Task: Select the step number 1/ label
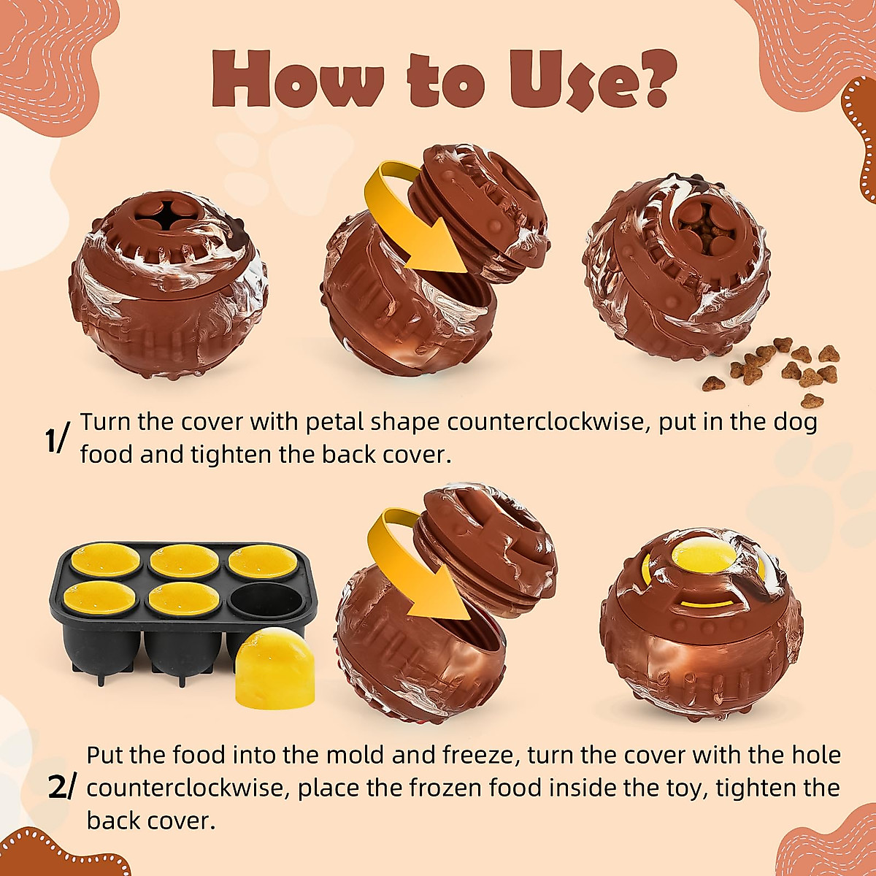tap(57, 439)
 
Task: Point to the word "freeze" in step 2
tap(478, 755)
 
